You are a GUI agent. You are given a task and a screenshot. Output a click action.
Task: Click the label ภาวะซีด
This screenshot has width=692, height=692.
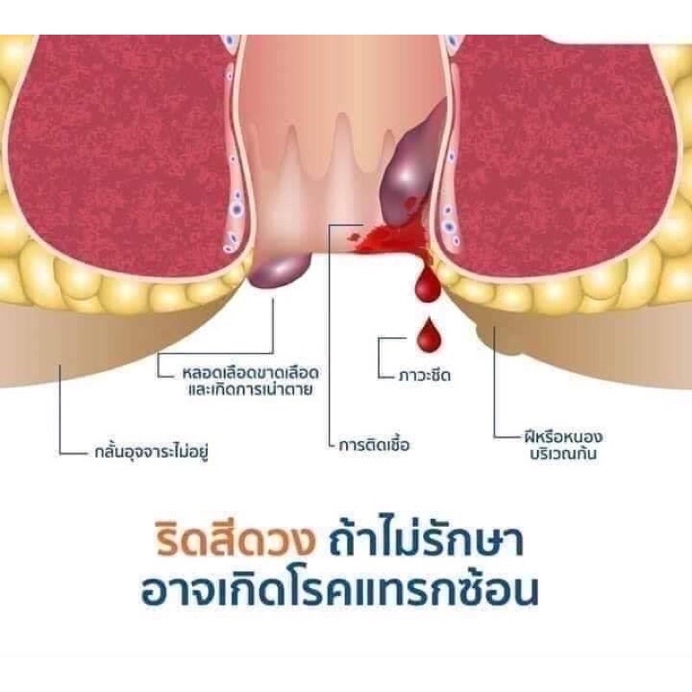click(424, 375)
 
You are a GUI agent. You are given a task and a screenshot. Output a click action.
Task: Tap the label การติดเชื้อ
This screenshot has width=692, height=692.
click(374, 444)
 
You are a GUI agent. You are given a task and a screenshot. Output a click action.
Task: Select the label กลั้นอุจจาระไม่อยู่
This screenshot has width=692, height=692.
click(151, 452)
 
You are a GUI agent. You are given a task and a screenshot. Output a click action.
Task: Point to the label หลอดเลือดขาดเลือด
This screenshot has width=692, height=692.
click(250, 374)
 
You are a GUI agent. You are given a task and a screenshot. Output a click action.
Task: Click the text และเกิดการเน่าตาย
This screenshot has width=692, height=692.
click(250, 390)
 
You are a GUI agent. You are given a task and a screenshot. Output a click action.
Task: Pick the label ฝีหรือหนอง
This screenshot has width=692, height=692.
click(563, 437)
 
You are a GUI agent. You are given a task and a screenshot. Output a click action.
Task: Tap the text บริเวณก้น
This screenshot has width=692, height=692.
click(563, 453)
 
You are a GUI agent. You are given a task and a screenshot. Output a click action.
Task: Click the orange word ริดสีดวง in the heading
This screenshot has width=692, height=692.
click(235, 540)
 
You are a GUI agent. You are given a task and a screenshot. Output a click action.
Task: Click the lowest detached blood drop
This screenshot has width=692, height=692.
click(428, 335)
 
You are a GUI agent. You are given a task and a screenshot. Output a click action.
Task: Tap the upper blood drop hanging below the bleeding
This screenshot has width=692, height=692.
click(426, 285)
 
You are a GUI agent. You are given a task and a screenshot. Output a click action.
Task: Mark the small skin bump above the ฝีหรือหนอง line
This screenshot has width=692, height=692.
click(480, 330)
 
